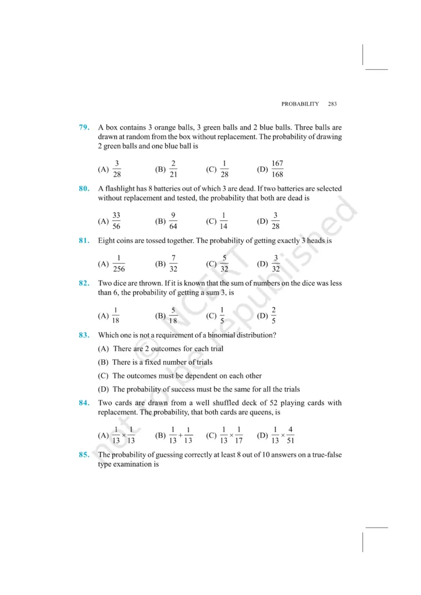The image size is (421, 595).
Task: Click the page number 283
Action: pos(332,104)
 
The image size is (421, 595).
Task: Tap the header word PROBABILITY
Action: pos(300,104)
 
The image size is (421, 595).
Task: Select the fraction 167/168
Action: pos(277,170)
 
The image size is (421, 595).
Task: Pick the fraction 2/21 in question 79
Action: pos(173,170)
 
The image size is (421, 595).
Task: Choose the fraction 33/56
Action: pos(116,221)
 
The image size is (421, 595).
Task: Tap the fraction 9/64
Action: pos(173,221)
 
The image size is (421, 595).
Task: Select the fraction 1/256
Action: pos(119,263)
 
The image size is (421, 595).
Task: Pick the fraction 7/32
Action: pos(173,263)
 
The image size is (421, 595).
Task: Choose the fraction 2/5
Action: pos(273,315)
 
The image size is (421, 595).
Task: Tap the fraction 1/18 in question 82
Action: pos(116,315)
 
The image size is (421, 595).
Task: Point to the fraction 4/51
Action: pos(290,435)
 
